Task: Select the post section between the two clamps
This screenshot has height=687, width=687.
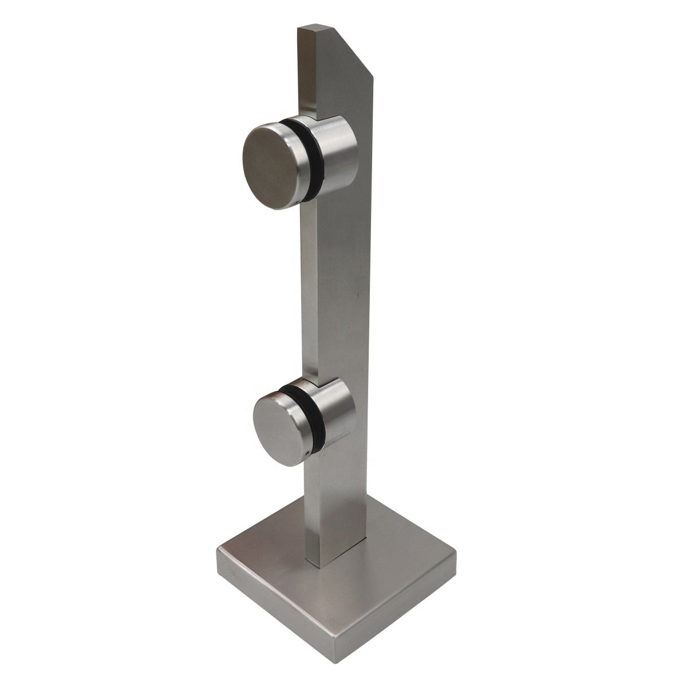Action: pyautogui.click(x=338, y=286)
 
